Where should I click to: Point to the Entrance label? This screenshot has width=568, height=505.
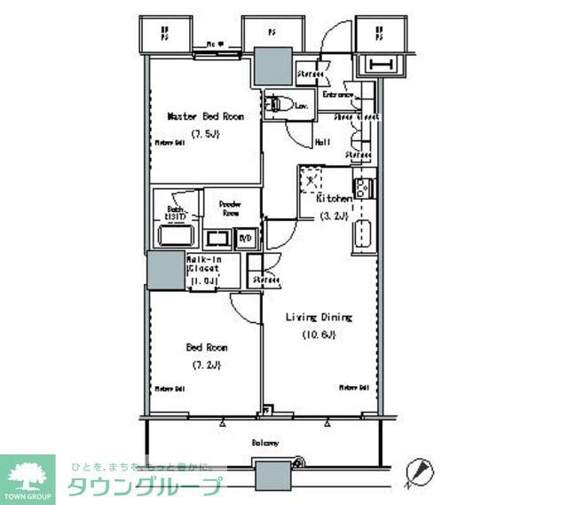pyautogui.click(x=338, y=95)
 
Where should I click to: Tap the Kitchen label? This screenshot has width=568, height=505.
pyautogui.click(x=335, y=200)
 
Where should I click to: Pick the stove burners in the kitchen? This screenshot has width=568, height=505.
pyautogui.click(x=361, y=188)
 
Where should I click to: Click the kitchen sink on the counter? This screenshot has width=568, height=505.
pyautogui.click(x=362, y=234)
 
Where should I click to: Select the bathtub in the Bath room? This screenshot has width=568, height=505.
pyautogui.click(x=177, y=237)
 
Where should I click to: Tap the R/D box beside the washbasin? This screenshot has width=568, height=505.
pyautogui.click(x=246, y=238)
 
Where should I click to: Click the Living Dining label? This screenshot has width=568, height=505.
pyautogui.click(x=319, y=317)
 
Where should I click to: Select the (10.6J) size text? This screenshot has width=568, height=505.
pyautogui.click(x=318, y=335)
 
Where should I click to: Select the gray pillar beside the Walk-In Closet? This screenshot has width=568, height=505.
pyautogui.click(x=165, y=271)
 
